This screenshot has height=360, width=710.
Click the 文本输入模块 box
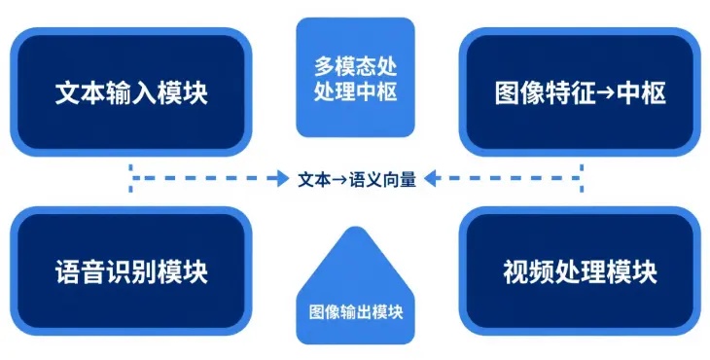[x=131, y=91]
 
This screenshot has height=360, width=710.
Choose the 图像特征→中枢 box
[x=580, y=91]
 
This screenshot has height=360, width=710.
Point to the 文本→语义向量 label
[x=357, y=179]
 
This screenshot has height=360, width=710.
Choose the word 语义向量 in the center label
[x=384, y=179]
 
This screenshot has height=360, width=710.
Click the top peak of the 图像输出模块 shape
[x=356, y=231]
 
